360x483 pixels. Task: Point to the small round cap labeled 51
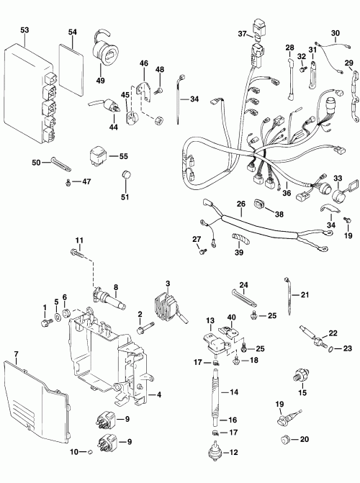pyautogui.click(x=127, y=175)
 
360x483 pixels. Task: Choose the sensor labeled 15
pyautogui.click(x=300, y=376)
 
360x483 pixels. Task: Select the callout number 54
pyautogui.click(x=72, y=33)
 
